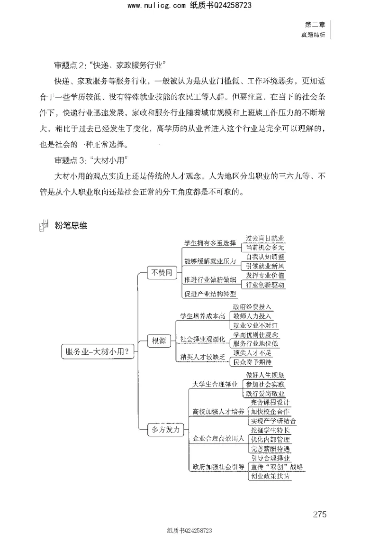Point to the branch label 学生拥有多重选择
click(x=210, y=243)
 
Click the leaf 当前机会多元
click(x=265, y=248)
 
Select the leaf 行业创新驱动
click(x=265, y=285)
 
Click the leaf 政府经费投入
click(x=253, y=307)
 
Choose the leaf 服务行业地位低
click(x=256, y=343)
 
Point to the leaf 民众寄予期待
click(x=253, y=362)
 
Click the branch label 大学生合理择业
click(x=215, y=384)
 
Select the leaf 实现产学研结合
click(x=273, y=421)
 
